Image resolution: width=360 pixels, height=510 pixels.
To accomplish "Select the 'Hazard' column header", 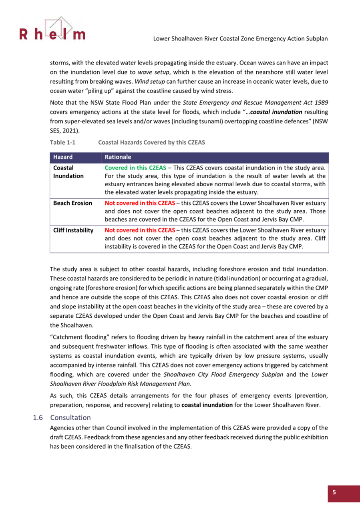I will [x=63, y=157].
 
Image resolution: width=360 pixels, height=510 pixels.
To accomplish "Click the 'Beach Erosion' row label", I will [x=72, y=203].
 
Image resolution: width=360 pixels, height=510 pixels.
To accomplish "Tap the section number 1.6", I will [x=38, y=418].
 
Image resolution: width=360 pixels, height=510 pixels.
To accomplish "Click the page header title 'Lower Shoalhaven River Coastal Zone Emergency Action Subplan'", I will [x=241, y=38].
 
